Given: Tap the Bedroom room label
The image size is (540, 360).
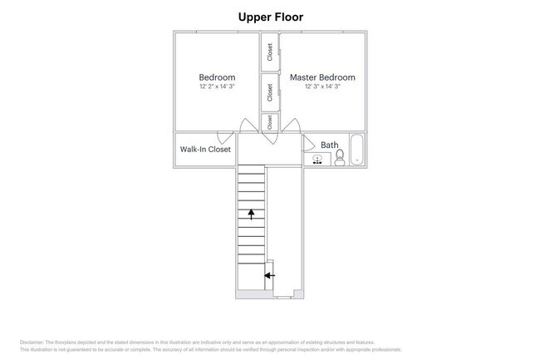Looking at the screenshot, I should point(217,77).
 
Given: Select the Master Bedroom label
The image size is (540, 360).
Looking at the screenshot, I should point(322,77).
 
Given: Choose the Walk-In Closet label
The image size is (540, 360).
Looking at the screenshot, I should point(205,150).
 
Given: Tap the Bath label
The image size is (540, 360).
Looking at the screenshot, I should point(330,145).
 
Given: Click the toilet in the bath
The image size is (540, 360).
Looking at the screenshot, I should point(340,158).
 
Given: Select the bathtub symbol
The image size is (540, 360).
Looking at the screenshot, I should point(357,150).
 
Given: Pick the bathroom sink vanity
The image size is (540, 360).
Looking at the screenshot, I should point(318,158).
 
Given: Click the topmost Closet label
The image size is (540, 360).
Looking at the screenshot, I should point(270,52).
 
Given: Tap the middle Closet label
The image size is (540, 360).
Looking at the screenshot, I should point(270,92).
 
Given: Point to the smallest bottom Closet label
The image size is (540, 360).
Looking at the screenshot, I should point(270,121).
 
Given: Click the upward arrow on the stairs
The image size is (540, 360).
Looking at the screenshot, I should point(251,214).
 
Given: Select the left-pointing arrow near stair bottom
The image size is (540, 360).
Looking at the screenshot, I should point(269,274).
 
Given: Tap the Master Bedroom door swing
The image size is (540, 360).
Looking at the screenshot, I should point(292,126).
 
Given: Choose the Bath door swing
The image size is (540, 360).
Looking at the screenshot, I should point(307,141).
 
